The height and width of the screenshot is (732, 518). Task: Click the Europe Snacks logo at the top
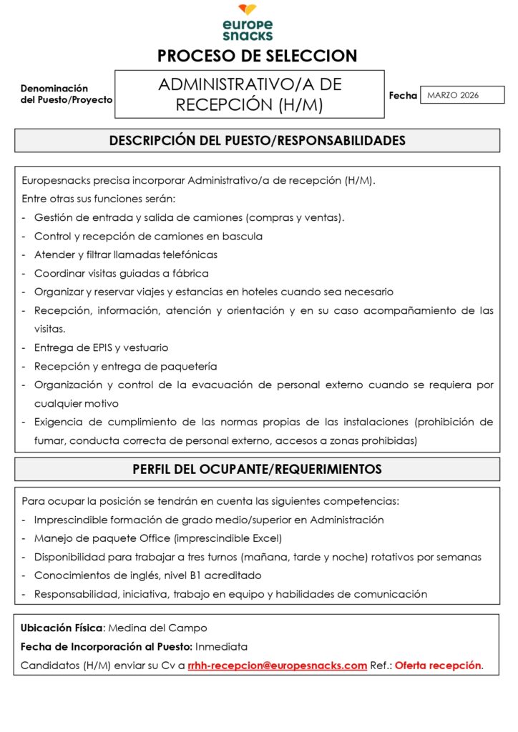pyautogui.click(x=248, y=23)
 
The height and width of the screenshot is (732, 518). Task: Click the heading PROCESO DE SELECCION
pyautogui.click(x=257, y=56)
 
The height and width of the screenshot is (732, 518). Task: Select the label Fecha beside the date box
pyautogui.click(x=403, y=95)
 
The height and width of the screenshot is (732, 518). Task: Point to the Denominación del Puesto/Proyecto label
pyautogui.click(x=66, y=94)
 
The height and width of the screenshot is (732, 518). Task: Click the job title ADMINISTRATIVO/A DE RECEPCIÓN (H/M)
pyautogui.click(x=250, y=94)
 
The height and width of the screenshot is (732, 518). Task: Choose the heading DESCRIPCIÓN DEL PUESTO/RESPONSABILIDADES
pyautogui.click(x=257, y=141)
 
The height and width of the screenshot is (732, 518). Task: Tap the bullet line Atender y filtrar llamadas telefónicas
pyautogui.click(x=125, y=254)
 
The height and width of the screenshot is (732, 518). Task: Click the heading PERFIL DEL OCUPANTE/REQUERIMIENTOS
pyautogui.click(x=257, y=470)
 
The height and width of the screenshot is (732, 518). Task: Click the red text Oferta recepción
pyautogui.click(x=438, y=666)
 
